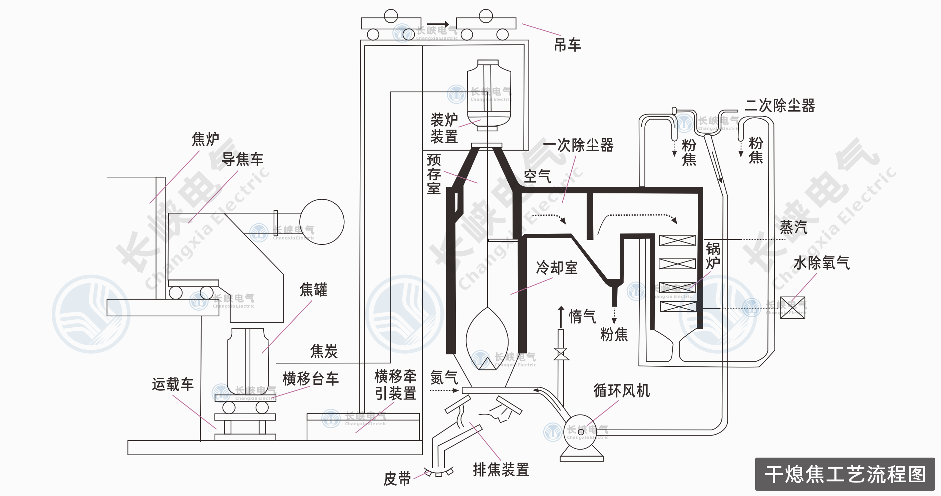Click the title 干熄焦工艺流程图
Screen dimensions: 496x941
845,474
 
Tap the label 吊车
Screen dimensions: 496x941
567,45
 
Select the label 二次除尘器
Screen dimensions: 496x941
779,106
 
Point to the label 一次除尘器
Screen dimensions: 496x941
578,145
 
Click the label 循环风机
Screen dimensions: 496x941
621,390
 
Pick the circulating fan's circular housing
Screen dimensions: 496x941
581,432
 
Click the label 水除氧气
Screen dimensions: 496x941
821,263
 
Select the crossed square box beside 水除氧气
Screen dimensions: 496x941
792,308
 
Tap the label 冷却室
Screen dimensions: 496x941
556,268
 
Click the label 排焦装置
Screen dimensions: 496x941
501,470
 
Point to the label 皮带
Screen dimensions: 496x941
397,478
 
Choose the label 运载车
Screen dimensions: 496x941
173,384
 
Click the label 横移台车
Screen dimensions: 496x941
311,379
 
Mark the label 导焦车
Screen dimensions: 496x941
242,159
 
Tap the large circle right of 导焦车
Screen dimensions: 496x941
321,221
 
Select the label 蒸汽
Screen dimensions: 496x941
793,227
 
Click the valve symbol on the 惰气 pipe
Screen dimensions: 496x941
561,354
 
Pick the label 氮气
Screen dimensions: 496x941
444,377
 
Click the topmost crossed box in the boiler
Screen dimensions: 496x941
677,240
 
